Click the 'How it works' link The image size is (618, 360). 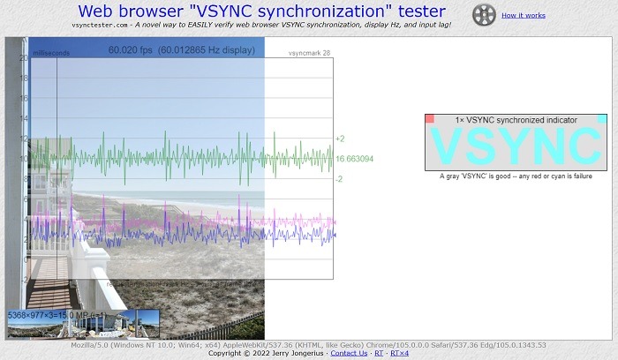point(523,15)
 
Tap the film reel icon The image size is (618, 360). point(483,14)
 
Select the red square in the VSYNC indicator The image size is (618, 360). point(429,119)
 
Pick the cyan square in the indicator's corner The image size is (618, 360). point(602,119)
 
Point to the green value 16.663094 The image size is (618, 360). point(354,159)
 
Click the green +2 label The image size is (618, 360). point(340,139)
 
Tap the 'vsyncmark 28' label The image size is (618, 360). point(309,54)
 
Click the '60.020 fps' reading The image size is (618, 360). point(131,51)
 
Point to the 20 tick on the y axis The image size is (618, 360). point(24,58)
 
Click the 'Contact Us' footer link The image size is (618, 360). point(349,353)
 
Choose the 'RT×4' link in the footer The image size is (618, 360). point(399,353)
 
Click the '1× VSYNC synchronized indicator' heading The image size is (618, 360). point(516,119)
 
